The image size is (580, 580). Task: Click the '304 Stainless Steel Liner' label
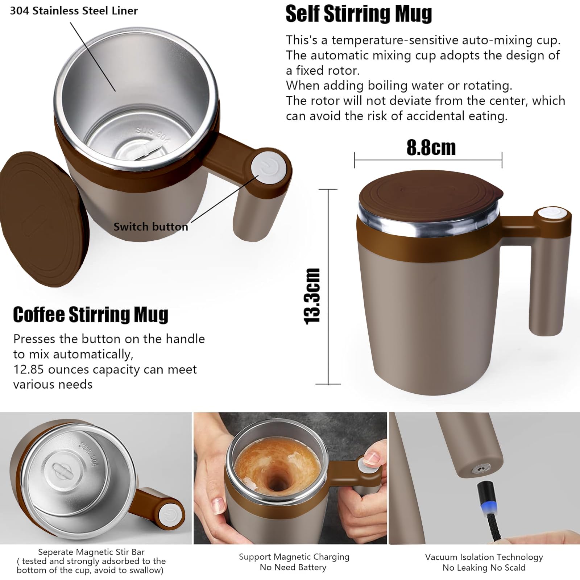coord(74,11)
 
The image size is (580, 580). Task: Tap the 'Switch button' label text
coord(151,227)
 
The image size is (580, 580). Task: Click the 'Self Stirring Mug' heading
coord(359,14)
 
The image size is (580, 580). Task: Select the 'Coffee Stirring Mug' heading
coord(91,314)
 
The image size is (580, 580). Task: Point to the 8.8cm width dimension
coord(431,148)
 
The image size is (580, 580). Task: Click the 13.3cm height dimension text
coord(312,297)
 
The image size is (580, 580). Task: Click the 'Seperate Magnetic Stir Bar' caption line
coord(91,552)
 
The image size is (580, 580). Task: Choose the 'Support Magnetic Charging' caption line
coord(294,557)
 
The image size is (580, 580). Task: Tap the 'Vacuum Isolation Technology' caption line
coord(484,557)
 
